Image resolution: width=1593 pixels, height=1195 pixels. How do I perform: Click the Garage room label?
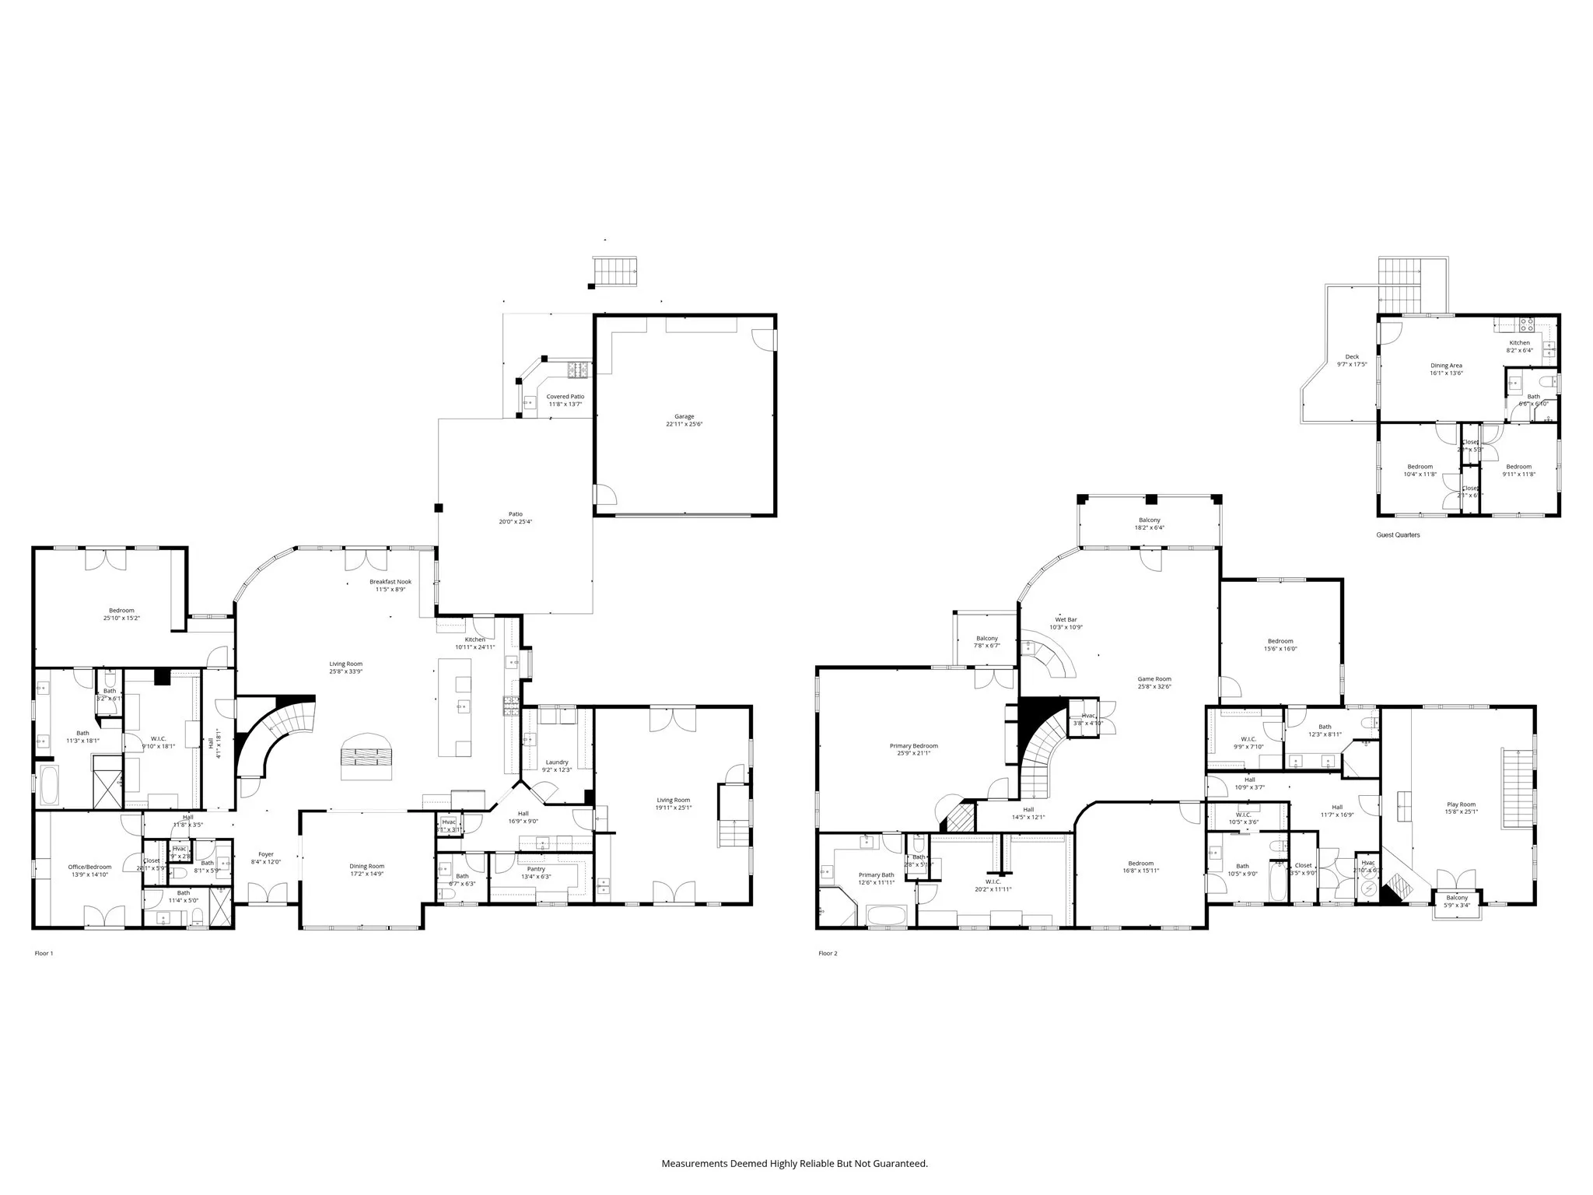coord(684,416)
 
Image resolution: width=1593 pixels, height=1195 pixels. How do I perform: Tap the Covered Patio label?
coord(565,397)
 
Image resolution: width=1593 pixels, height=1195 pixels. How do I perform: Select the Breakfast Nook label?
coord(390,582)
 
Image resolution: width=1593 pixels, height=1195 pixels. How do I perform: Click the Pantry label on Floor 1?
coord(535,869)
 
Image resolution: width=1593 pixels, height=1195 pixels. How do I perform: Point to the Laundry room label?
coord(556,762)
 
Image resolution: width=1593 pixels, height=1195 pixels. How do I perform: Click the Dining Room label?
coord(366,866)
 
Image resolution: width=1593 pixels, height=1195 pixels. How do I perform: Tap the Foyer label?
coord(266,854)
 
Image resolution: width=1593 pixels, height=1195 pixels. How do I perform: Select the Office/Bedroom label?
coord(89,867)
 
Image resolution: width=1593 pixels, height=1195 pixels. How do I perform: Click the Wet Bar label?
coord(1066,620)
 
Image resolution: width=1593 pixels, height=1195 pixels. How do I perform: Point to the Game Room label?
coord(1154,679)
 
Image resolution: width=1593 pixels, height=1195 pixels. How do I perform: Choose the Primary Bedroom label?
coord(914,746)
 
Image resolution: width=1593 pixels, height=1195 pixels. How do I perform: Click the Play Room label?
coord(1461,804)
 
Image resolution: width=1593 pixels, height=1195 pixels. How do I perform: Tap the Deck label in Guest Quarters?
coord(1352,357)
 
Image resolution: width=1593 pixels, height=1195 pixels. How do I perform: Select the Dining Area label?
coord(1446,366)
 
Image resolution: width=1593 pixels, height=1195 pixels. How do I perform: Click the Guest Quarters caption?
coord(1398,535)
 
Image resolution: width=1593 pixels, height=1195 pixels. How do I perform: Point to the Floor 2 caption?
coord(828,953)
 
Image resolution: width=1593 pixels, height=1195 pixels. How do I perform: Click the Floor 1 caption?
coord(44,953)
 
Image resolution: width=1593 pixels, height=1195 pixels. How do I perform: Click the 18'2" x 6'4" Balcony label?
coord(1149,520)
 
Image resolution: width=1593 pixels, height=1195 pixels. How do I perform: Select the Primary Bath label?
coord(876,875)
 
